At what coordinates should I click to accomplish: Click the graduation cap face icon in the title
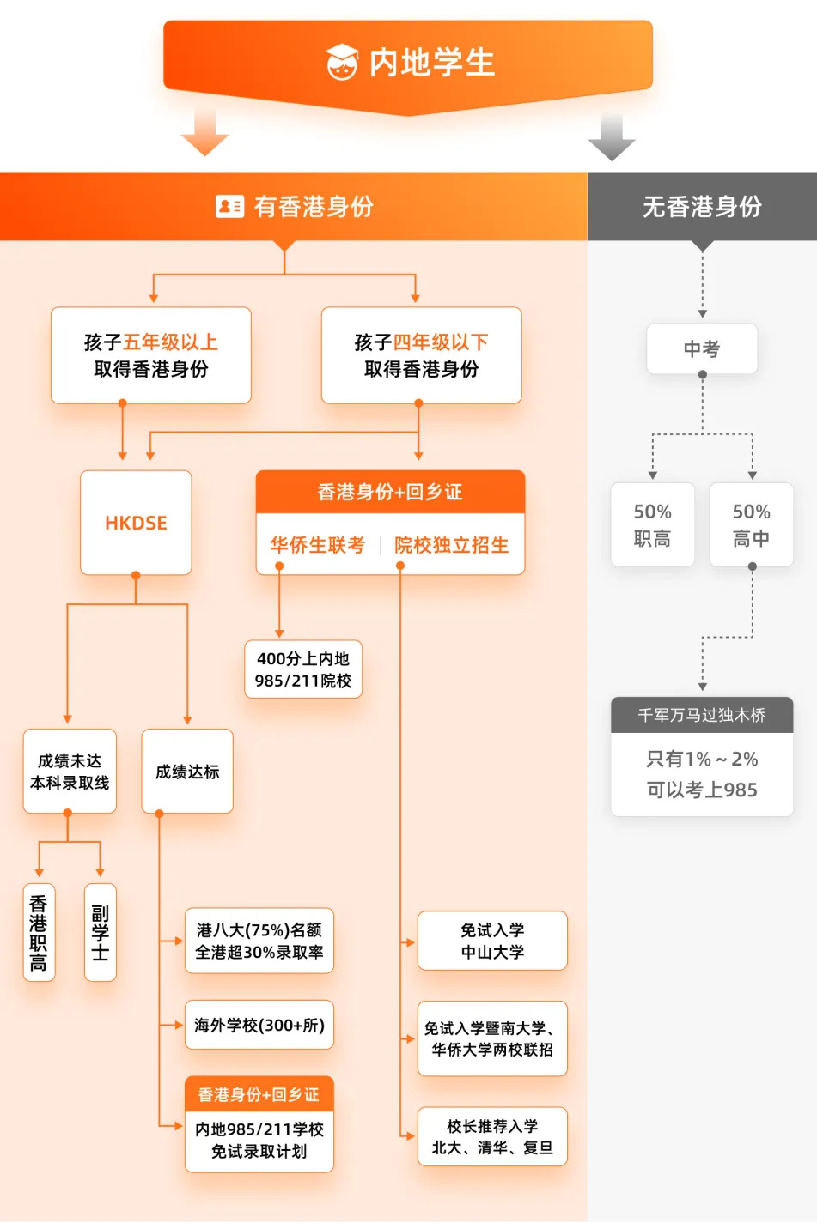point(342,62)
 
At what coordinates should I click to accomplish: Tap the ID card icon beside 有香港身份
point(229,206)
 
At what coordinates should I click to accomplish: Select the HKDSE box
point(136,523)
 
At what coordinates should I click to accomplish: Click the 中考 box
point(702,349)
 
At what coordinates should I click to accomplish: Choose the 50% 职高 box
point(653,524)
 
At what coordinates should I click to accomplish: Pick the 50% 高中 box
point(752,524)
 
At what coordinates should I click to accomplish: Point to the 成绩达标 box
point(187,771)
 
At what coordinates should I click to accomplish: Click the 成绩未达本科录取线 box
point(70,771)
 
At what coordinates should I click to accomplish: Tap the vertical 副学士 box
point(101,932)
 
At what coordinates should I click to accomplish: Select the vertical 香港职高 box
point(40,932)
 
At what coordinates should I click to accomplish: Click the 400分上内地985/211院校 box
point(303,669)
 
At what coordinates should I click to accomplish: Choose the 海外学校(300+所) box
point(259,1025)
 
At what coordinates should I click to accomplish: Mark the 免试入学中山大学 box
point(492,941)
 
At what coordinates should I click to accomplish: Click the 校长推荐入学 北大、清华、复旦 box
point(492,1136)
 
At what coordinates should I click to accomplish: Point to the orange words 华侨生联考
point(318,545)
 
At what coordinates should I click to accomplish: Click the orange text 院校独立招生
point(452,545)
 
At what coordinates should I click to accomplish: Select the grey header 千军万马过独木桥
point(702,715)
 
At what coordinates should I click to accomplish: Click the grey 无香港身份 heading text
point(702,206)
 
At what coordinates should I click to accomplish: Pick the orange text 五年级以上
point(170,342)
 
